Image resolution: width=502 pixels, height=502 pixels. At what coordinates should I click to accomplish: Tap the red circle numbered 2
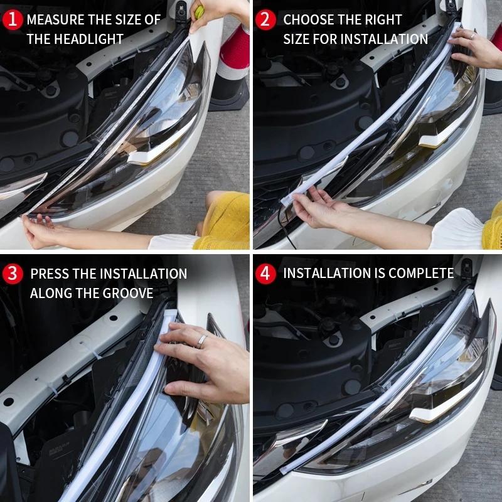pos(266,19)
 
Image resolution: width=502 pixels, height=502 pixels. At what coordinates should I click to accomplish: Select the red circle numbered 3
pos(13,274)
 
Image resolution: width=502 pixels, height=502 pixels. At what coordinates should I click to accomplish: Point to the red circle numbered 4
pos(266,274)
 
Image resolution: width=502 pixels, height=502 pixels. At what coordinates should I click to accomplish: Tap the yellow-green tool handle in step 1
pos(199,11)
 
